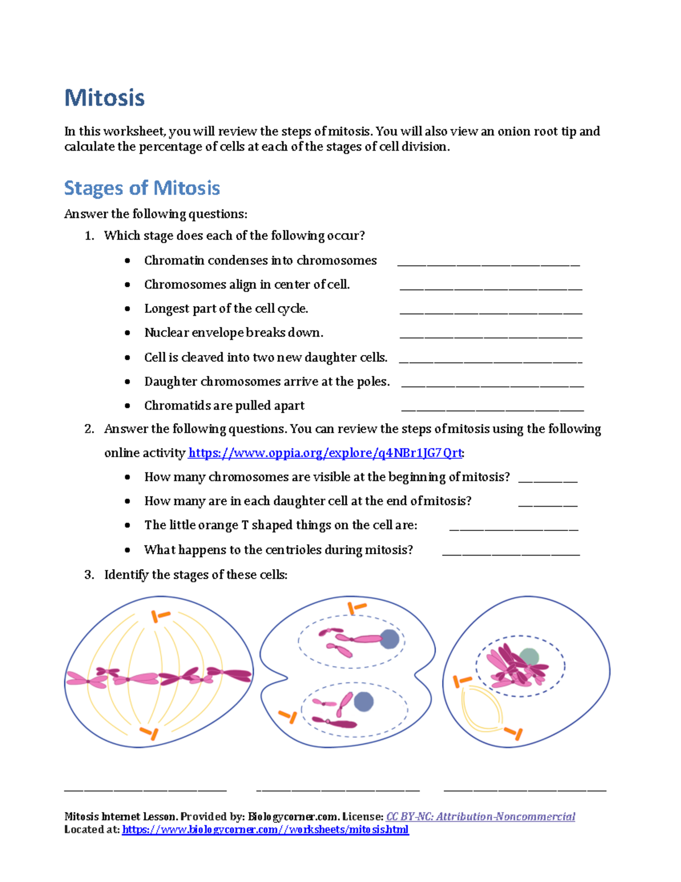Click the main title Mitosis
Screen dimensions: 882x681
[104, 98]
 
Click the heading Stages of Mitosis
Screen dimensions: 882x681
[142, 188]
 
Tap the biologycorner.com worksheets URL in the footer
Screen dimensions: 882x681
[265, 830]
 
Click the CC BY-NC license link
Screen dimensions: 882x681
[480, 817]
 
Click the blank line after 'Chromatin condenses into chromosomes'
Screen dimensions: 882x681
[488, 264]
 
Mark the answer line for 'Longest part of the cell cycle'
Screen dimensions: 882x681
[491, 312]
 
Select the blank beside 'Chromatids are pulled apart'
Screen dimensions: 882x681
[492, 409]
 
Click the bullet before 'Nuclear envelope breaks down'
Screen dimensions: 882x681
[128, 333]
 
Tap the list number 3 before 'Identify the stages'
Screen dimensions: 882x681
[89, 575]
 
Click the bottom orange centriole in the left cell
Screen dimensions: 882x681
[149, 733]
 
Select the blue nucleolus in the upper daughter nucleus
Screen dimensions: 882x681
[389, 639]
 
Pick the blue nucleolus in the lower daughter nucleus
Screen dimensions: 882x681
[364, 701]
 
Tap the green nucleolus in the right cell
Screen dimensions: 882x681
[529, 657]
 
